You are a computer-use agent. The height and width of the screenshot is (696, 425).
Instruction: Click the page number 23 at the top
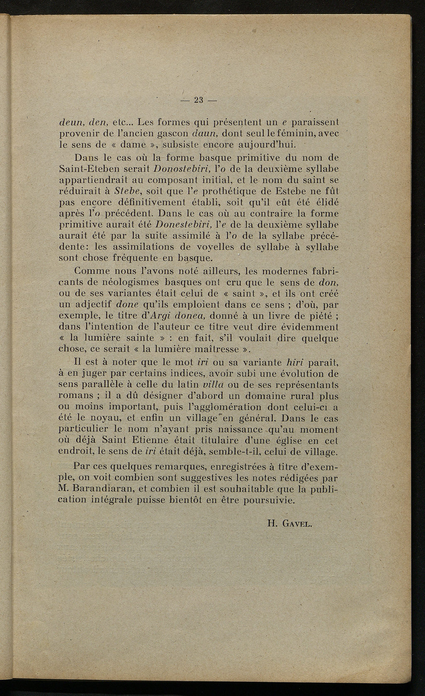200,100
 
